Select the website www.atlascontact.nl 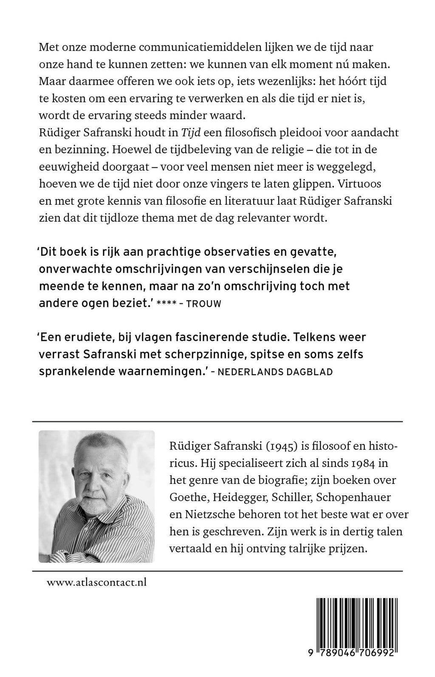[96, 582]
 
